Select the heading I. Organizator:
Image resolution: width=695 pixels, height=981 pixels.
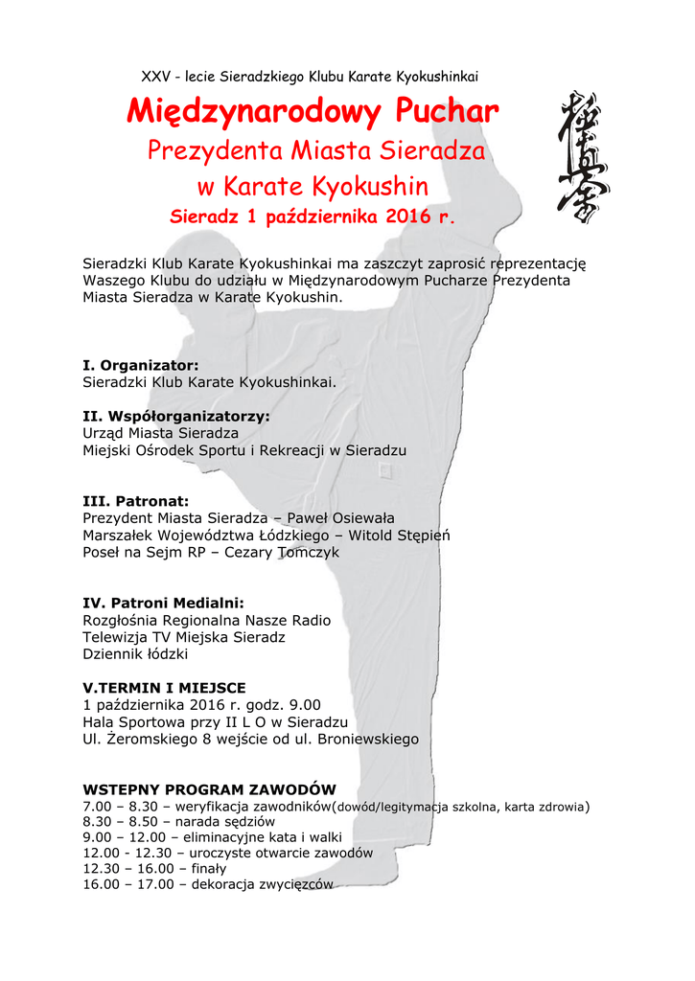tap(141, 365)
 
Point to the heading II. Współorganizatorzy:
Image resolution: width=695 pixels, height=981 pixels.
tap(176, 417)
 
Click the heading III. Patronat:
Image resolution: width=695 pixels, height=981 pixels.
tap(136, 501)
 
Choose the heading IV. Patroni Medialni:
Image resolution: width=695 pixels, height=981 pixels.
tap(164, 604)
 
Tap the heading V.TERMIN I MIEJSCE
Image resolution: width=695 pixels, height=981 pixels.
tap(164, 688)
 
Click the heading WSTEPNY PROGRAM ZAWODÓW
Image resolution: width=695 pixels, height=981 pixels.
tap(210, 790)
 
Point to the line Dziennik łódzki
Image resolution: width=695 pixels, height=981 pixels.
tap(135, 654)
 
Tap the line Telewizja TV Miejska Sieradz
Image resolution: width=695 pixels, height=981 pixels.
tap(184, 637)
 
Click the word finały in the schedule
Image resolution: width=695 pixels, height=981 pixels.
tap(209, 869)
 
